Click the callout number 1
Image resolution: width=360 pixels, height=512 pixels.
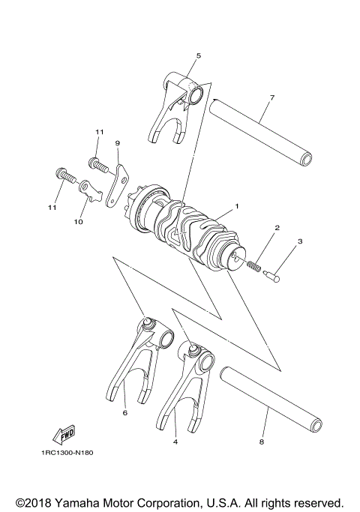pos(236,205)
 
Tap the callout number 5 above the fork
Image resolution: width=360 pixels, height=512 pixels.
pos(198,55)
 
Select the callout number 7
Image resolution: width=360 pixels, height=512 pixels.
pos(271,98)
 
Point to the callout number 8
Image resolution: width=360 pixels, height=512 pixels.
pos(261,443)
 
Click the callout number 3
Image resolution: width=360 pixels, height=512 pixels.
pos(300,241)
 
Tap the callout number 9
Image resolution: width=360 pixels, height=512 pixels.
pos(117,142)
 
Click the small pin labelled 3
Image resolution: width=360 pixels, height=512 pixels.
pos(272,279)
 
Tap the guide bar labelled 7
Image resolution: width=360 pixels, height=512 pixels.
pos(262,131)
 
